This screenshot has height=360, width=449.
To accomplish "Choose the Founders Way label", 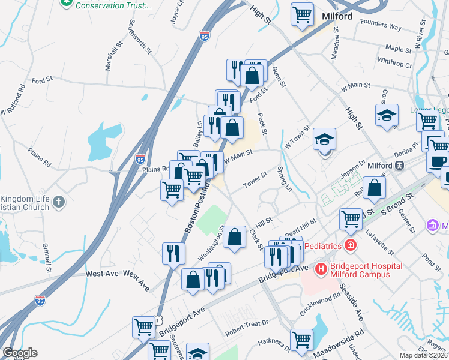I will (381, 27).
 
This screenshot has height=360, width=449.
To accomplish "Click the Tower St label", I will (255, 179).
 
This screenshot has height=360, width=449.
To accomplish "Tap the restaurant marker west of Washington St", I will (173, 253).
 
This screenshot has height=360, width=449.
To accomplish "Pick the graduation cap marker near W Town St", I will (325, 140).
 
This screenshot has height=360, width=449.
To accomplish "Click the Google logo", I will (20, 353).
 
